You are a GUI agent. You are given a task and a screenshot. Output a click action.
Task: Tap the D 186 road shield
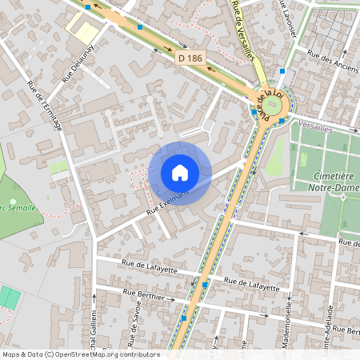(190, 58)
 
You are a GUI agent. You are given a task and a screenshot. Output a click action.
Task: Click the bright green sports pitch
(10, 298)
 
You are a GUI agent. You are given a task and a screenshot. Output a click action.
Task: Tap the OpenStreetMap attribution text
(81, 354)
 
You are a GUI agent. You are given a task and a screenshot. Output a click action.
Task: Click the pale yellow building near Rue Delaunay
(81, 30)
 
